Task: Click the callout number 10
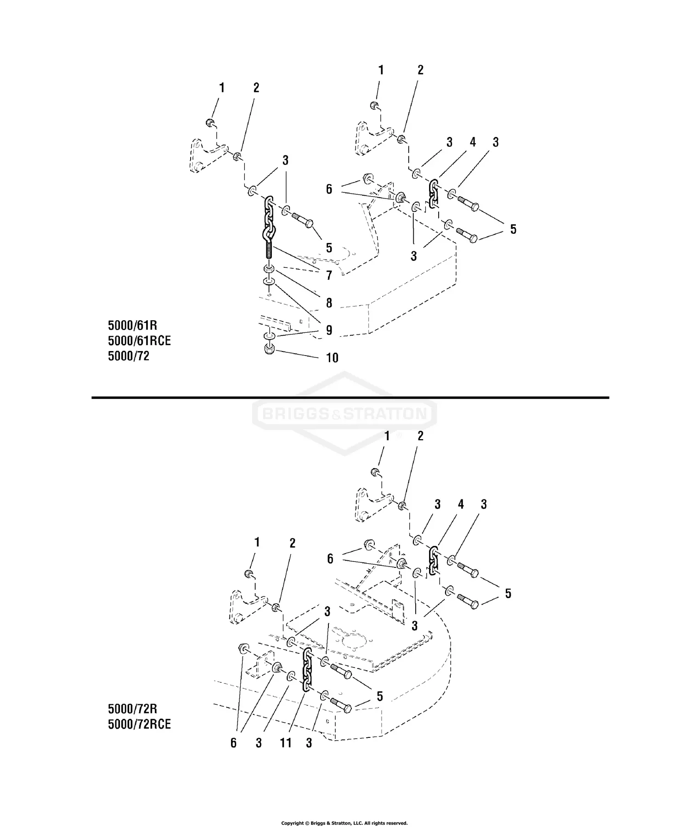(x=332, y=358)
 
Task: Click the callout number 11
(x=286, y=742)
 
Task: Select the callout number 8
(x=329, y=303)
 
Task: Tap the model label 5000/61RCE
(x=139, y=340)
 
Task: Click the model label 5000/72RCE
(x=139, y=724)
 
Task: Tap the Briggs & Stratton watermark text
(x=344, y=414)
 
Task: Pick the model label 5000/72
(x=129, y=356)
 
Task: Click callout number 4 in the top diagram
(x=473, y=142)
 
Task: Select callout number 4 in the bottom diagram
(x=460, y=504)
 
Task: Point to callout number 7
(x=329, y=275)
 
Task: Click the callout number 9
(x=329, y=330)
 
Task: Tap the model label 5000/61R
(x=132, y=325)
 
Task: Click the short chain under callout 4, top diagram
(x=433, y=193)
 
